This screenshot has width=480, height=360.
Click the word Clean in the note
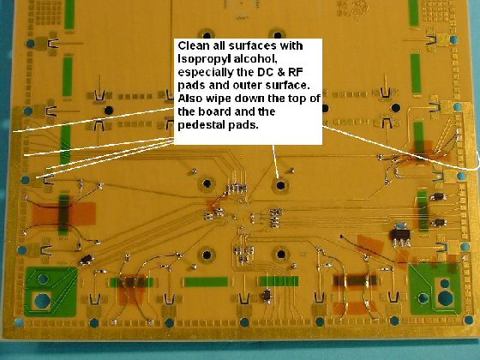click(x=192, y=46)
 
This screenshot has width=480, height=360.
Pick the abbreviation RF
click(x=296, y=72)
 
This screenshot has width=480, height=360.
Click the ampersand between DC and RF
click(x=280, y=72)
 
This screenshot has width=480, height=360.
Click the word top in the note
click(x=296, y=99)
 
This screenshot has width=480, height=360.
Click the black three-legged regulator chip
click(x=399, y=237)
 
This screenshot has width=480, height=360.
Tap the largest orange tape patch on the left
click(x=63, y=213)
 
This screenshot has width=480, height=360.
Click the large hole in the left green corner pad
click(x=42, y=301)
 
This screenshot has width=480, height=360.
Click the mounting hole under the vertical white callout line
click(x=280, y=185)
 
